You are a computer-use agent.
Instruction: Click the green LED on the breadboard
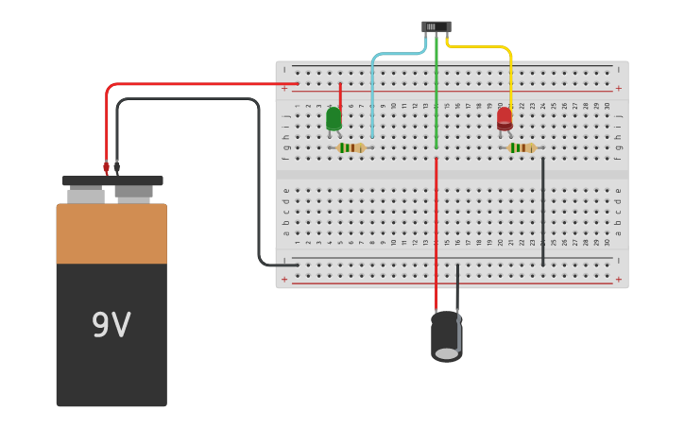[x=334, y=119]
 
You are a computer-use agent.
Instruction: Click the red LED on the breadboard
[x=505, y=118]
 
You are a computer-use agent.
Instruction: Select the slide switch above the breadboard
[x=436, y=26]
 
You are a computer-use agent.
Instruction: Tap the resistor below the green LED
[x=351, y=147]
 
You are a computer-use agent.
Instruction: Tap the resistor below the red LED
[x=522, y=147]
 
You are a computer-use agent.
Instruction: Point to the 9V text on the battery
[x=111, y=326]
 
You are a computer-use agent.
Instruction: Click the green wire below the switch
[x=436, y=94]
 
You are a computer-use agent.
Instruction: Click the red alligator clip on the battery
[x=107, y=167]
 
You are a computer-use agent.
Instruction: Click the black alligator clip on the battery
[x=117, y=168]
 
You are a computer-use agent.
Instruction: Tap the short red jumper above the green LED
[x=340, y=94]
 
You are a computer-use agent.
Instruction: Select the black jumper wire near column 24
[x=542, y=213]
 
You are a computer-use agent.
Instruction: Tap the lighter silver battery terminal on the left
[x=86, y=195]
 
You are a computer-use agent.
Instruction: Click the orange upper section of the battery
[x=111, y=233]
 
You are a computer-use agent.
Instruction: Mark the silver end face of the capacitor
[x=446, y=353]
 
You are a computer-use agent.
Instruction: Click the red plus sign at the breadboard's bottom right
[x=618, y=280]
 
